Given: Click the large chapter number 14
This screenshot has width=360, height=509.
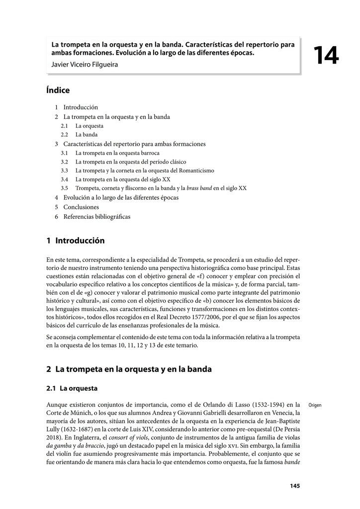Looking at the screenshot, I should point(326,56).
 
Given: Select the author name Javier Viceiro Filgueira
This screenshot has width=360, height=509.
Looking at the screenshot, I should point(85,64).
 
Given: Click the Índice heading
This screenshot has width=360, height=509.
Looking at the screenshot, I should point(58,90).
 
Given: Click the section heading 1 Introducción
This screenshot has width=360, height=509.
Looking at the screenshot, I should point(76,241).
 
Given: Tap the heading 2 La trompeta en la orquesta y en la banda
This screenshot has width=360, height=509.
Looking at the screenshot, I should point(129,369).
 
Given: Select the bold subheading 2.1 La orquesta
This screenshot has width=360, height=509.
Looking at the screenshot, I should point(72,388).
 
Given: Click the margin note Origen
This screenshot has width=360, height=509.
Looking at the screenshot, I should point(315,405).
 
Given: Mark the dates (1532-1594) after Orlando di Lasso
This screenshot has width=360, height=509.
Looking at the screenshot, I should point(266,404).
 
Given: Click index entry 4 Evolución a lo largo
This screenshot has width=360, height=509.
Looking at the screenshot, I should point(116,197).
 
